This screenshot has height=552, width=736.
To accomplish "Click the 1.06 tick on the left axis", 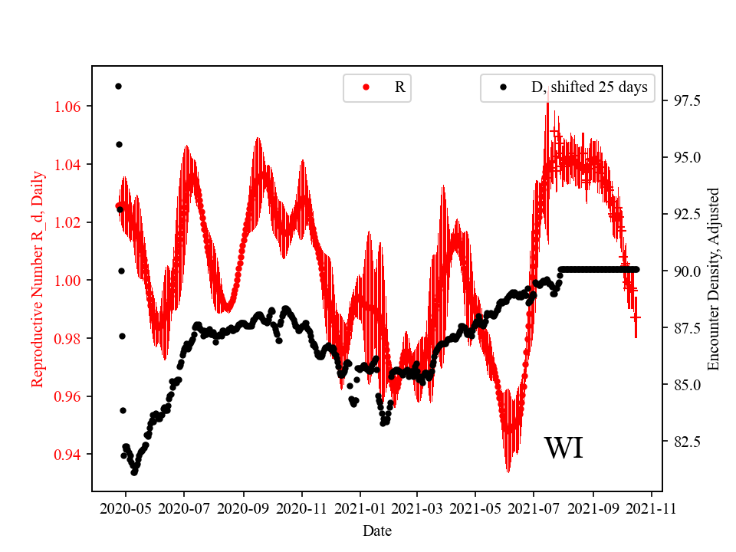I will point(70,106).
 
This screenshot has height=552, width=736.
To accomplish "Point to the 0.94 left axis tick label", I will point(70,455).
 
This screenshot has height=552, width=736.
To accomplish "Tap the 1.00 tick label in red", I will point(70,281).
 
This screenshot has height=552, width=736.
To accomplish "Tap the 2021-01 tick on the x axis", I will point(360,508).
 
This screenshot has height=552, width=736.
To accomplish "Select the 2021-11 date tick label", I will point(652,508).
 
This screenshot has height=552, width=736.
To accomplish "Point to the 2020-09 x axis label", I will point(244,508).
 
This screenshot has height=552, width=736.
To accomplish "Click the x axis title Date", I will point(377,530).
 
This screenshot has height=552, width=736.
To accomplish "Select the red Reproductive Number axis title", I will point(37,278).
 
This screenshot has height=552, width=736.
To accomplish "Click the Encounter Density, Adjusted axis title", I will point(715,278).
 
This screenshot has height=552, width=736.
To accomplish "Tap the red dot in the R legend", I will point(366,87).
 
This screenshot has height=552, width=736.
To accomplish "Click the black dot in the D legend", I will point(503,87).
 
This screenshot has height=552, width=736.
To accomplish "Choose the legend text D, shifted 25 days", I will point(589,87).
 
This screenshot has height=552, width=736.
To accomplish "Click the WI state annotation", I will point(563,449).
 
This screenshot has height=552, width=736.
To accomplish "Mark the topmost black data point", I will point(118,86).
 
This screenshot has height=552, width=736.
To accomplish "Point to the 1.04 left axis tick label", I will point(70,164).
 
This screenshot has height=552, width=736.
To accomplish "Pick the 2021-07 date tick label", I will point(534,508).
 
